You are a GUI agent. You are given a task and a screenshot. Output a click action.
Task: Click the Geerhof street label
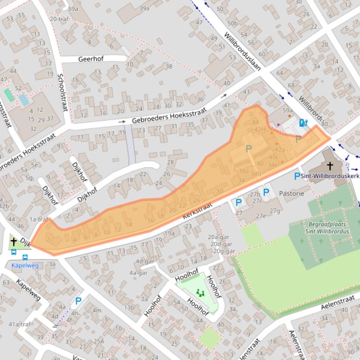pos(91,59)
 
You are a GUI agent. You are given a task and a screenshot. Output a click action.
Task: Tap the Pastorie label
pos(291,193)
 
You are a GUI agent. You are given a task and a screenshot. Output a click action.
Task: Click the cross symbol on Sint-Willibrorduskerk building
pos(330,166)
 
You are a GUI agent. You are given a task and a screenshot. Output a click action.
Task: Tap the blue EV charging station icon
pos(303,123)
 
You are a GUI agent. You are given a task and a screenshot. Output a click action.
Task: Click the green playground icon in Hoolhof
pos(201,293)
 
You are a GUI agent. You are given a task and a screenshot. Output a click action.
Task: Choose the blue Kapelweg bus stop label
pos(25,265)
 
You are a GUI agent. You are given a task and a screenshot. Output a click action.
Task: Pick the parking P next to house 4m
pos(79,302)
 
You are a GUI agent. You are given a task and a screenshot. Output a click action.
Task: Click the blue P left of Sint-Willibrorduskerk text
pos(297,176)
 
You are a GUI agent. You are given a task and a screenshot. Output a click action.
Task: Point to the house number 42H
pos(260,130)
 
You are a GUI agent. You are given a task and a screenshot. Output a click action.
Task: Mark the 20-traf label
pos(59,19)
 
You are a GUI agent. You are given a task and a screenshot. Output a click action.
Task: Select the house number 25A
pos(99,341)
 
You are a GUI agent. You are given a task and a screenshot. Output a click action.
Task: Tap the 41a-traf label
pos(19,324)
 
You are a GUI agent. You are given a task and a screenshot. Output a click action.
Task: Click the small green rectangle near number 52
pos(9,95)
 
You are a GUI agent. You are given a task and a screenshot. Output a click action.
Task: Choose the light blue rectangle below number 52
pos(23,100)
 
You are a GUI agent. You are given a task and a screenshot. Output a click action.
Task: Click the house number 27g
pos(275,210)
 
